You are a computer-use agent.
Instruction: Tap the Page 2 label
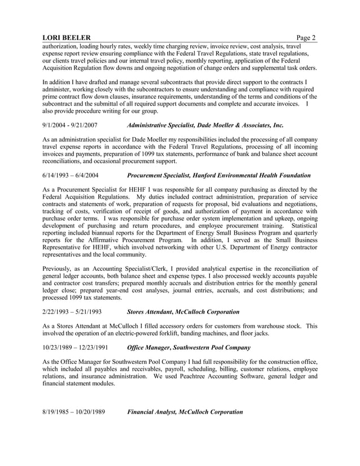[x=306, y=38]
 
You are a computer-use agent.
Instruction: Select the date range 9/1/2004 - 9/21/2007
[x=71, y=125]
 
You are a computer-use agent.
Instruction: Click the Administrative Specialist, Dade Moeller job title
[x=205, y=125]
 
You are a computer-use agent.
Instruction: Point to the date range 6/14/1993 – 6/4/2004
[x=72, y=175]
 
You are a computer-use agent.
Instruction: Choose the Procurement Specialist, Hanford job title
[x=219, y=175]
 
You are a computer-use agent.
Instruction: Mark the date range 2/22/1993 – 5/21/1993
[x=72, y=311]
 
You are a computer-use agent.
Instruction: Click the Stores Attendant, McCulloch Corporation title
[x=183, y=311]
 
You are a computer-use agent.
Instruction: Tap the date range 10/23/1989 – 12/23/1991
[x=76, y=348]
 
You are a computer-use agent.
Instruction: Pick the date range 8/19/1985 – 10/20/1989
[x=74, y=412]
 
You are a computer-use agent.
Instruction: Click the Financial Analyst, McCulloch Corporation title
[x=185, y=412]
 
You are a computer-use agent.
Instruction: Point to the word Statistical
[x=301, y=226]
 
